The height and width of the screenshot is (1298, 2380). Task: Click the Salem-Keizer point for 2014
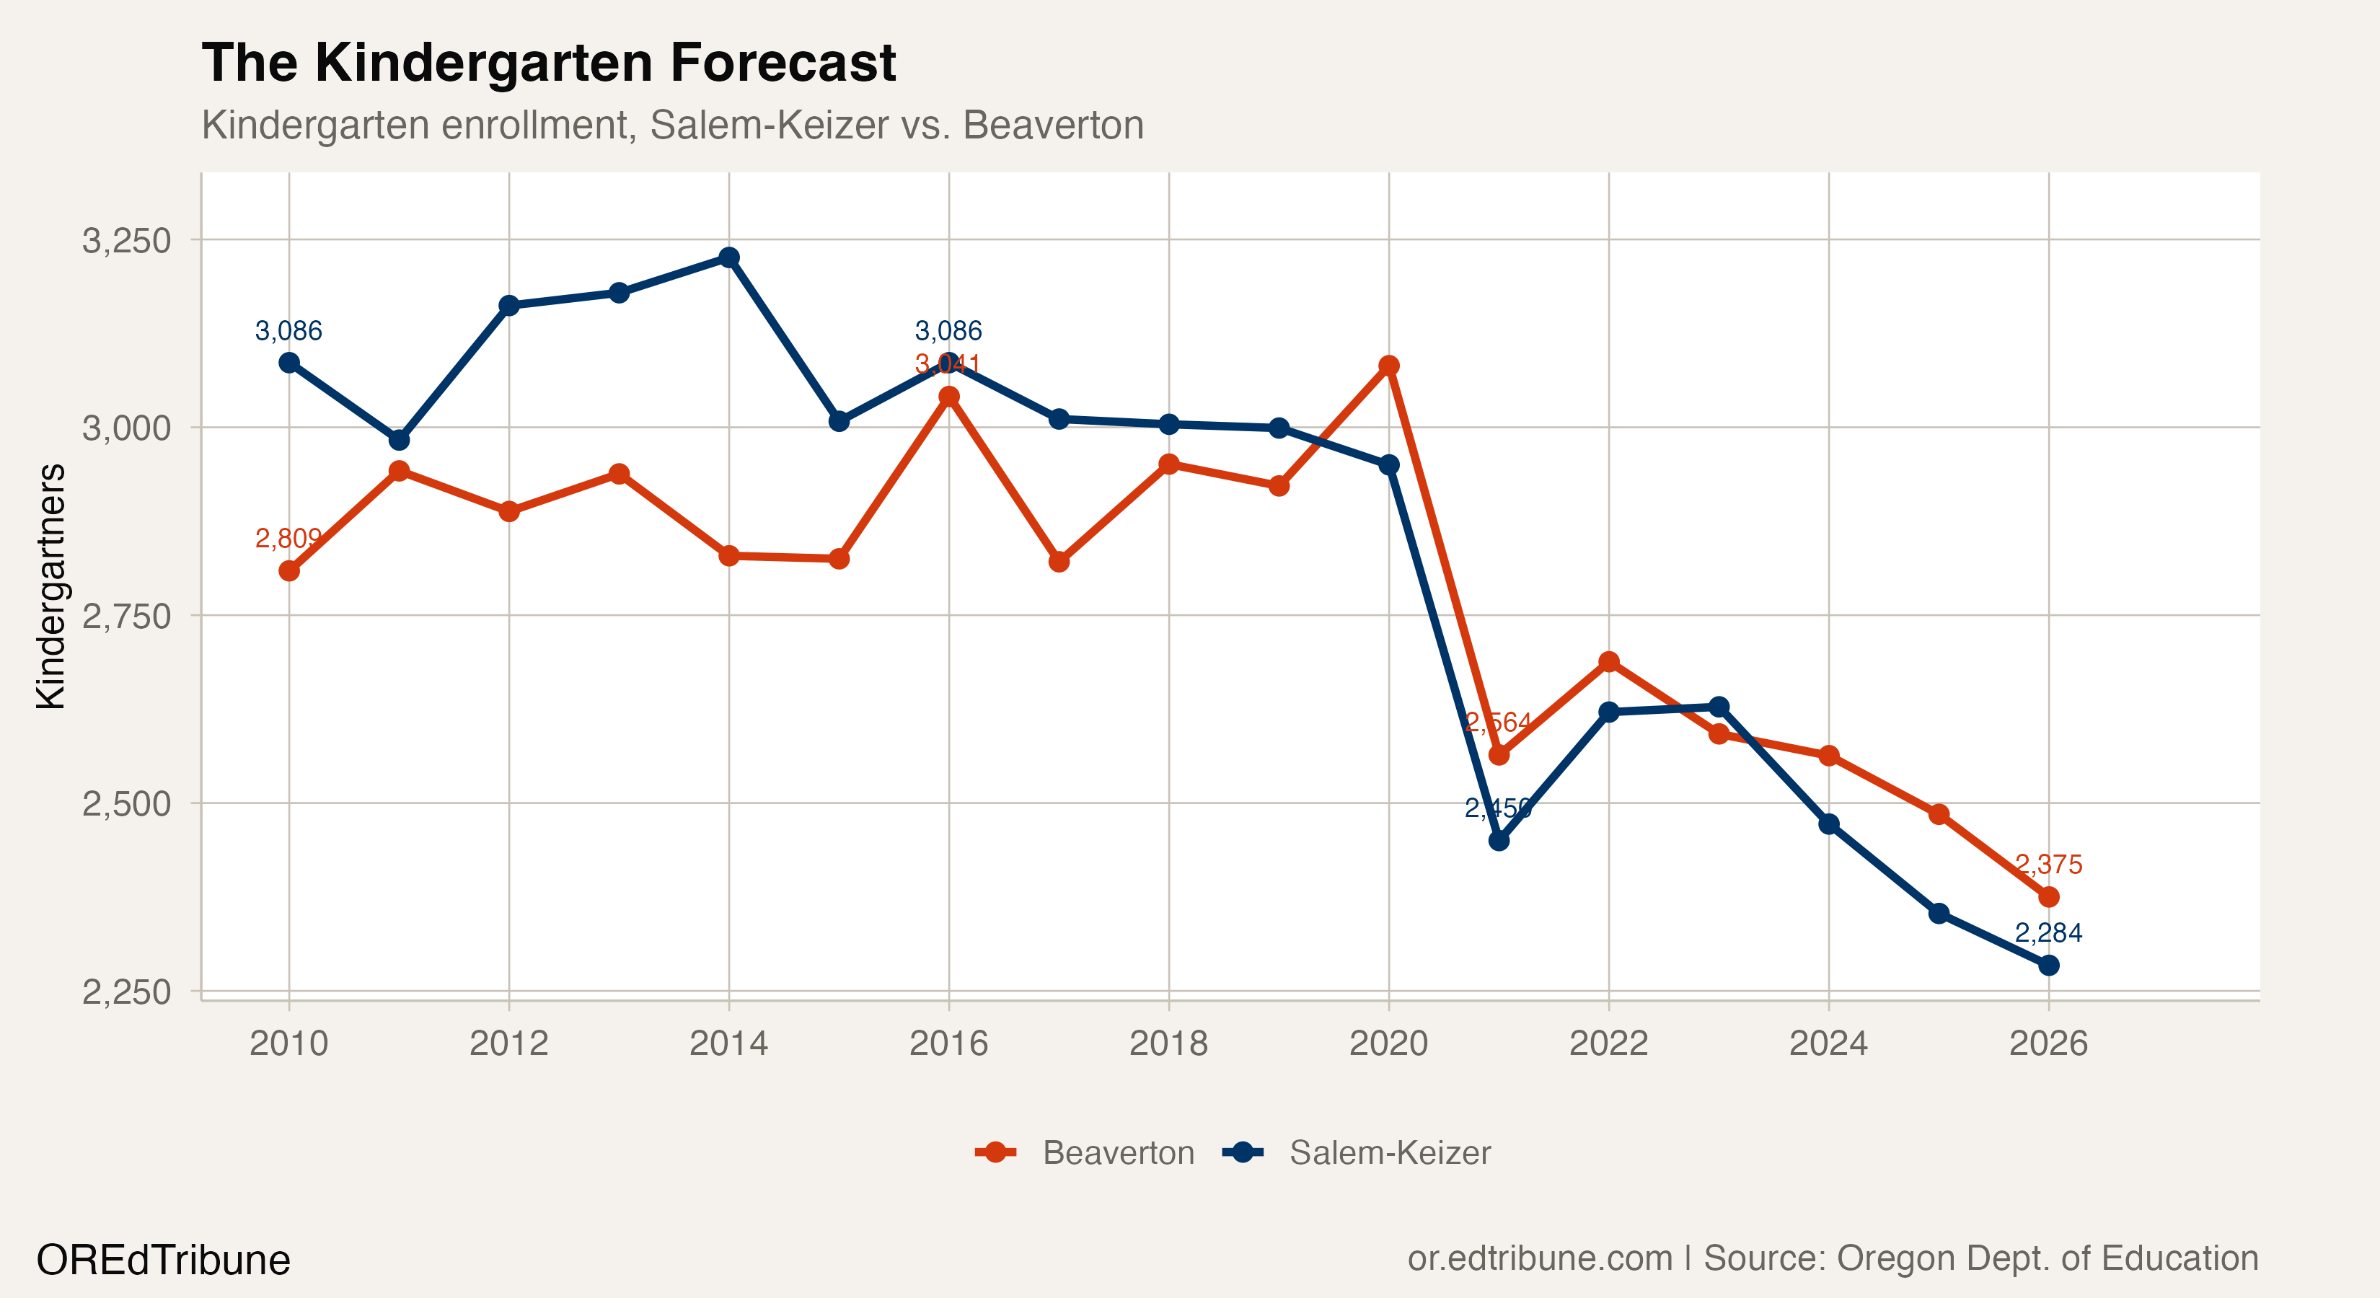(x=729, y=257)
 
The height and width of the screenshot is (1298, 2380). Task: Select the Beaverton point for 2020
(x=1388, y=366)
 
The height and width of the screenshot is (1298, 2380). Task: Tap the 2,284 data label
(x=2048, y=932)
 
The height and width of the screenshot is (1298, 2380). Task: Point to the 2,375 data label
(x=2048, y=865)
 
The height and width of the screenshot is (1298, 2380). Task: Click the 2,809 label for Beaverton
(x=288, y=538)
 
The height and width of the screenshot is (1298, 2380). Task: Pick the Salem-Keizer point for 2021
(x=1499, y=841)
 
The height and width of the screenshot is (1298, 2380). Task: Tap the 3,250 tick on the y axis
(x=127, y=240)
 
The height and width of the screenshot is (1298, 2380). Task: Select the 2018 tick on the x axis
(x=1169, y=1044)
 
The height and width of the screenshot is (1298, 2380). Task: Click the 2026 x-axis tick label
(x=2048, y=1044)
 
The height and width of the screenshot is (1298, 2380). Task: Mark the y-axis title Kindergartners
(x=50, y=587)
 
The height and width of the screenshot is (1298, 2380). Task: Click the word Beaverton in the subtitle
(x=1053, y=125)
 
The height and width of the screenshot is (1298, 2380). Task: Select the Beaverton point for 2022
(x=1608, y=661)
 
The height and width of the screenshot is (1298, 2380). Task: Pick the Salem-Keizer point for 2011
(x=399, y=440)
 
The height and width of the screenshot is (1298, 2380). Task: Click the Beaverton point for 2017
(x=1059, y=562)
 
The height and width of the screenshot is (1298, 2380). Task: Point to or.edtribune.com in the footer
(x=1539, y=1258)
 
